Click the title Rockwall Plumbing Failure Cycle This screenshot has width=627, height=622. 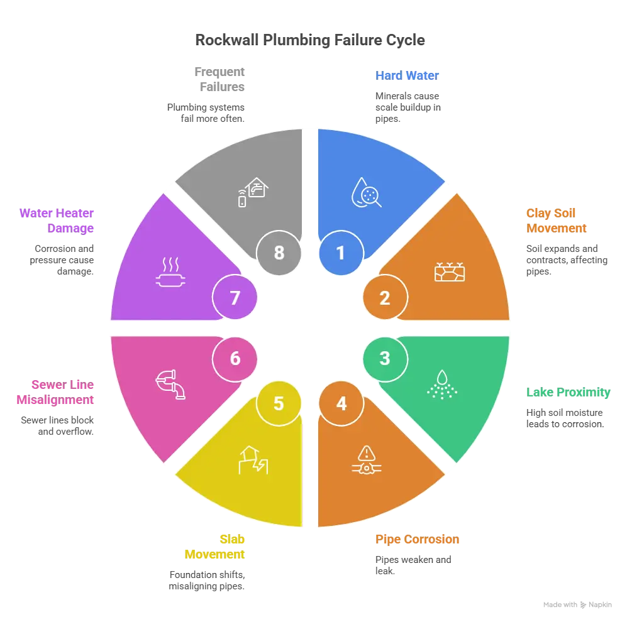[310, 40]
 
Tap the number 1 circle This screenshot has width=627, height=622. [341, 253]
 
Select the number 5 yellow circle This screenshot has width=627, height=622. [279, 403]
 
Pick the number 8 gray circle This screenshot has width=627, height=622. [279, 253]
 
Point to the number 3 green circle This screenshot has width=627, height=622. [385, 359]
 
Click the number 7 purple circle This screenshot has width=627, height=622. [235, 297]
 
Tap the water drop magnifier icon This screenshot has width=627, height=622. [366, 192]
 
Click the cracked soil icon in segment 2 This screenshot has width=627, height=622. [450, 272]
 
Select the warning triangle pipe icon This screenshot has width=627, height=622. [366, 460]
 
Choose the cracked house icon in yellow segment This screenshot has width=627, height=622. [253, 460]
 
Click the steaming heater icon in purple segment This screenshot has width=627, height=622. [171, 272]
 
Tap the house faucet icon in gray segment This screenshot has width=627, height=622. [253, 192]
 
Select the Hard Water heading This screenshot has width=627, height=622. [407, 75]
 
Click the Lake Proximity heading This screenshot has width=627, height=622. [569, 392]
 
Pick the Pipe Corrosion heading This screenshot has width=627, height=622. [417, 539]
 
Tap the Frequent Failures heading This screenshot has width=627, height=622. [219, 79]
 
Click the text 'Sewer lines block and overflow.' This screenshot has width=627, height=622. [57, 426]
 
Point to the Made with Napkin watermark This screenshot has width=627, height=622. [577, 605]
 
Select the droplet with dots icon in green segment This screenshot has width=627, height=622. [442, 385]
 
